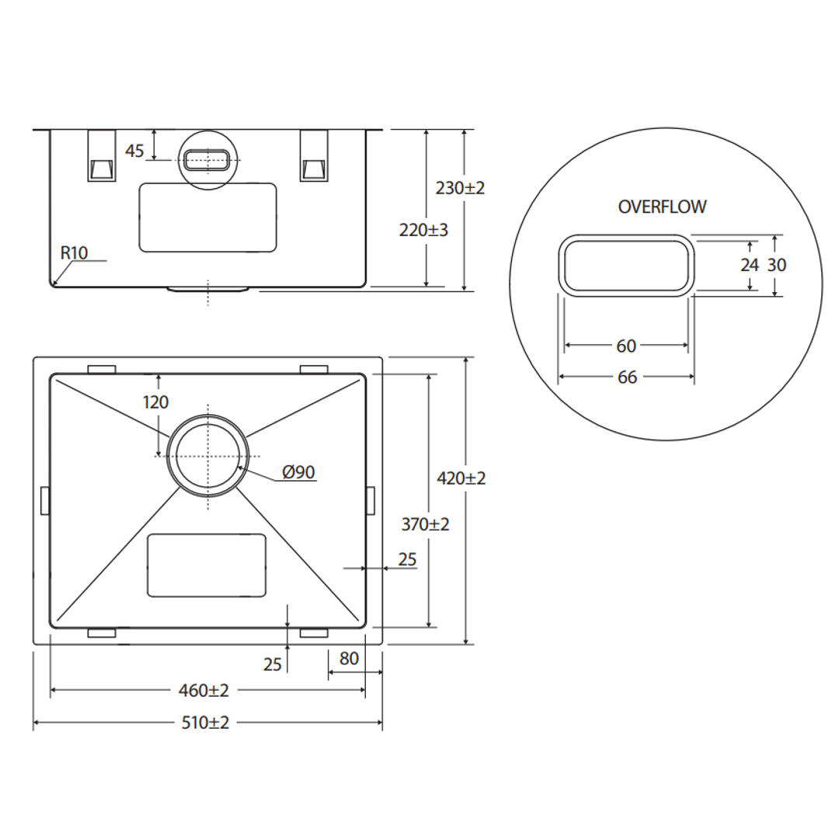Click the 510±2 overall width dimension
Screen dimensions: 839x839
[x=206, y=722]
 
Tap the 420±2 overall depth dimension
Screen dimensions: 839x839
[x=461, y=479]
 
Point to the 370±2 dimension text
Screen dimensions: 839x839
[x=426, y=524]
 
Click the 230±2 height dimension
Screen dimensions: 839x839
[x=460, y=188]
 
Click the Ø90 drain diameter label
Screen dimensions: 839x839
[x=298, y=472]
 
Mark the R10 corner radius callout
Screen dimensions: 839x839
[x=75, y=252]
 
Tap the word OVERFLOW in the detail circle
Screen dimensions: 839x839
[x=663, y=207]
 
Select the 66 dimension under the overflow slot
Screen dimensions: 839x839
[x=627, y=377]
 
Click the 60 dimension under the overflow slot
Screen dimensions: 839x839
[x=626, y=346]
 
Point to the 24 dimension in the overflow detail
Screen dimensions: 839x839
[x=749, y=265]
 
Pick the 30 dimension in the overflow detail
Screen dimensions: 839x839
[x=777, y=265]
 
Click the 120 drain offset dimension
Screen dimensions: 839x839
[x=155, y=402]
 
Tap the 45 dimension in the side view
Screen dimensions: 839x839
[x=135, y=151]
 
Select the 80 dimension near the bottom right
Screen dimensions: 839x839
[x=349, y=659]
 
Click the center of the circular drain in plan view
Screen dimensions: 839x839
[x=208, y=455]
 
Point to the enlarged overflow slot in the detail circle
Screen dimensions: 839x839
[x=626, y=265]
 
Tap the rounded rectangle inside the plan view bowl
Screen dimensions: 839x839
[x=207, y=566]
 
